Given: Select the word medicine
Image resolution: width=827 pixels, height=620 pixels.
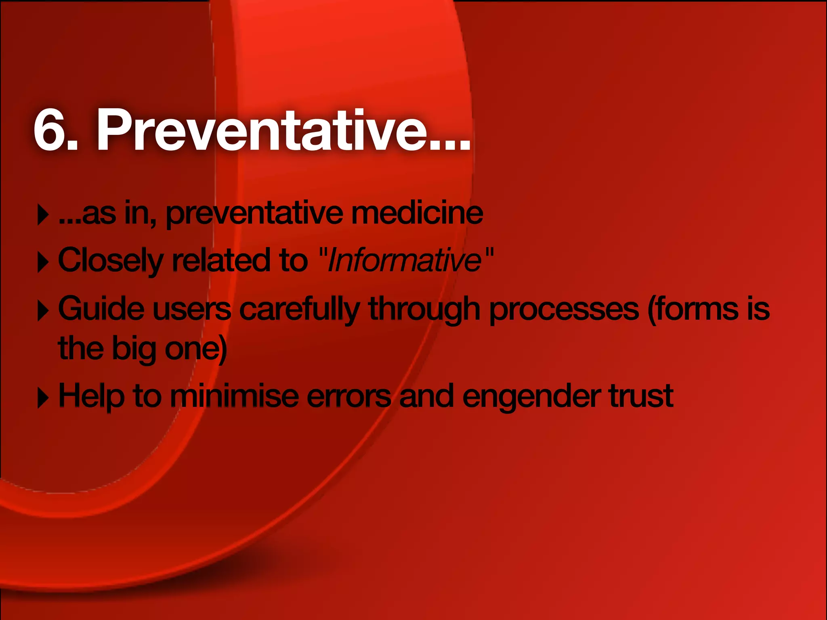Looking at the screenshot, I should point(417,213).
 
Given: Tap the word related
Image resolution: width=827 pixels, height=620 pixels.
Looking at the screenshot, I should point(220,260).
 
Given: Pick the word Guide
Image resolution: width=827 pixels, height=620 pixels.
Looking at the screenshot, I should point(101,309).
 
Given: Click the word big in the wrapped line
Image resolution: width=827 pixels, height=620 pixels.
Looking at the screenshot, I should point(134,349).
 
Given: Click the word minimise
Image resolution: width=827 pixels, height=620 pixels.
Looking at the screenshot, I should point(235,396).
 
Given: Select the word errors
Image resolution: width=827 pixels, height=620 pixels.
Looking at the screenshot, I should point(349,397).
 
